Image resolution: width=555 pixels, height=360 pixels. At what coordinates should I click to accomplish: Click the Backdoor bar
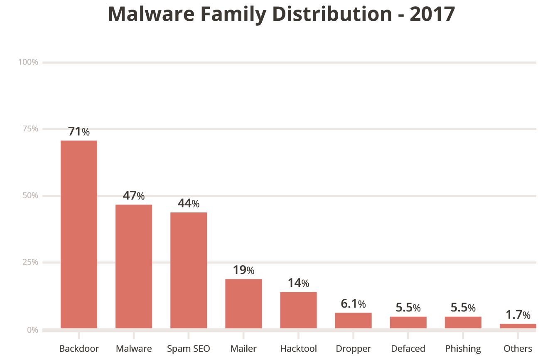pos(79,234)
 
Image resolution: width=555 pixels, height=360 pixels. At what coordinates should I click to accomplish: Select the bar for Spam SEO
pos(189,270)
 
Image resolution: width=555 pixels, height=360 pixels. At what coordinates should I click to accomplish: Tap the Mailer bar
pos(243,303)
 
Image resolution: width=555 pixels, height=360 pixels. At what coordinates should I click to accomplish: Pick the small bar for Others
pos(518,326)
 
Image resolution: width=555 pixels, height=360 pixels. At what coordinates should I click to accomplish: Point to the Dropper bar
pos(353,321)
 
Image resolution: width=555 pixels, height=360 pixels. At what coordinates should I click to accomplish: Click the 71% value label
pos(79,132)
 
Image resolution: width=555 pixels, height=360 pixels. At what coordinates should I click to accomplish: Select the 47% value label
pos(134,196)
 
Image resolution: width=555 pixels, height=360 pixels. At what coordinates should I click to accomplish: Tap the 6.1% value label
pos(353,304)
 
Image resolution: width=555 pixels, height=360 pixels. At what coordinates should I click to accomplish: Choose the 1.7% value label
pos(518,315)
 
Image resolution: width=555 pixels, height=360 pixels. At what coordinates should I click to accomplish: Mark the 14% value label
pos(298,284)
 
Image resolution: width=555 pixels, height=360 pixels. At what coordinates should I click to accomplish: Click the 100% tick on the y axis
pos(28,62)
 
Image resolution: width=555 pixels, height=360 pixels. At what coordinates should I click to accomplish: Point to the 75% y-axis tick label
pos(30,129)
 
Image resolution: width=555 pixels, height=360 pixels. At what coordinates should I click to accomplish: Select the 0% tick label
pos(32,330)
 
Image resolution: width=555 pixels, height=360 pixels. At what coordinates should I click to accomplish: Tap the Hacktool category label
pos(298,348)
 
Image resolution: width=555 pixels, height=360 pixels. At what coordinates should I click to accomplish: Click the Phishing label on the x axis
pos(463,348)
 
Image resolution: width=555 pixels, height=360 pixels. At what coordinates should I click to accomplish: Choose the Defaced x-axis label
pos(408,348)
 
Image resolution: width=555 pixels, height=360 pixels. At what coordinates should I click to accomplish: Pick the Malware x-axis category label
pos(134,348)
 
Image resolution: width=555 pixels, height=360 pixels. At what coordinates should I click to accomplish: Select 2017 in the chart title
pos(432,15)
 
